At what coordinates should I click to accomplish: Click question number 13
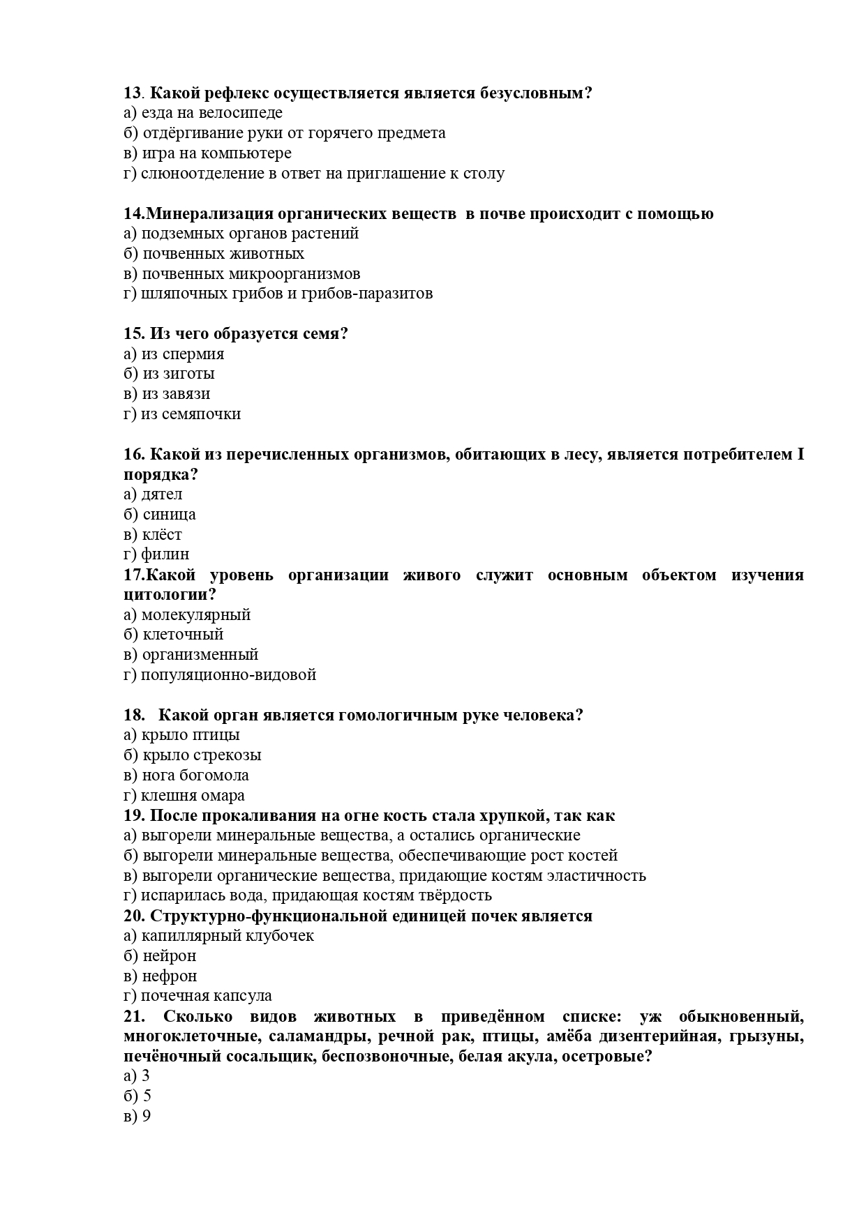click(x=133, y=93)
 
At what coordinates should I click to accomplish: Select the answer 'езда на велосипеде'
click(x=211, y=113)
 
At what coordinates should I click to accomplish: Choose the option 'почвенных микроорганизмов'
click(x=251, y=273)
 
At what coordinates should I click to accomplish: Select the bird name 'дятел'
click(x=161, y=494)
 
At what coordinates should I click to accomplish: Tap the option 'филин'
click(x=165, y=554)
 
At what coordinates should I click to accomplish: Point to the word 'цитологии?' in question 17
click(x=170, y=595)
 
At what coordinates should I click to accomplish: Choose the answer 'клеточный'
click(x=183, y=635)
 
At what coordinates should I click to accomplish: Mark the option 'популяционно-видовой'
click(x=228, y=675)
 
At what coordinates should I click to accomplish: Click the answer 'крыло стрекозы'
click(x=202, y=755)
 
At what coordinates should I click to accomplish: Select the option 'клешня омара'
click(x=193, y=796)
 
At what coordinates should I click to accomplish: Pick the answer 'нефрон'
click(x=170, y=976)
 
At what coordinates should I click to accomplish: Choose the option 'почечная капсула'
click(x=206, y=996)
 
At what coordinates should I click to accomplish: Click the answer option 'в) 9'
click(x=137, y=1117)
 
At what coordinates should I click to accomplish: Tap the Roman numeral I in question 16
click(x=800, y=455)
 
